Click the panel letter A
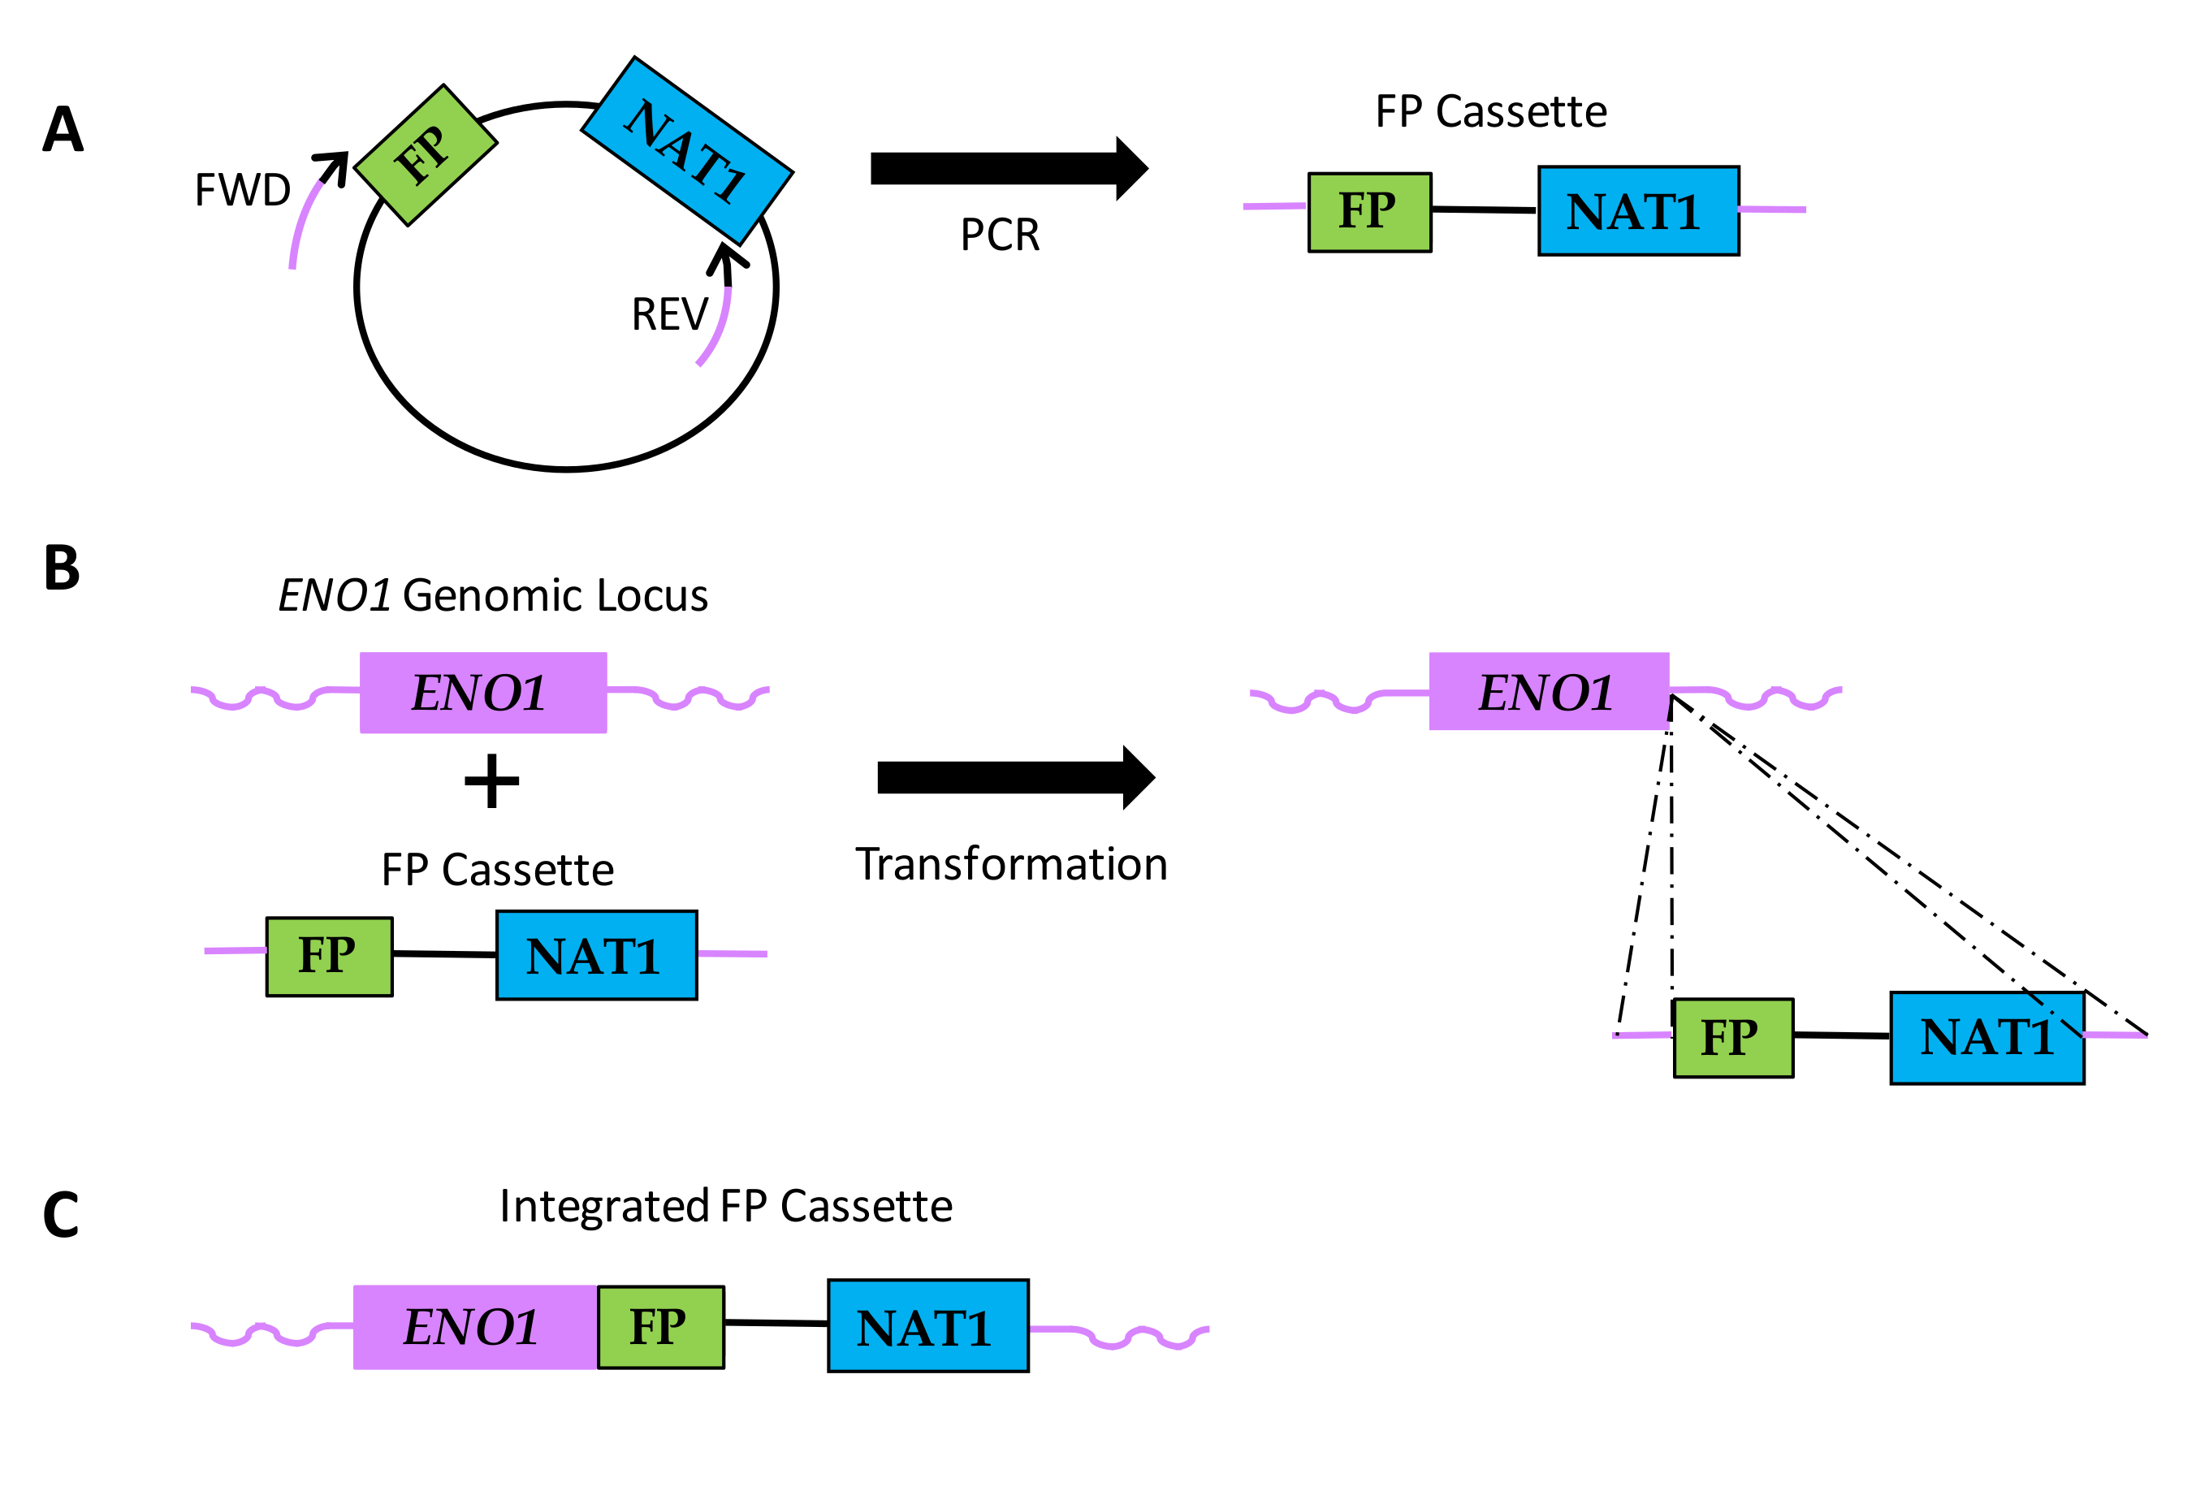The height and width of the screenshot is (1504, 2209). tap(63, 129)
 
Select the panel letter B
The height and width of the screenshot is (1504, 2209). tap(62, 568)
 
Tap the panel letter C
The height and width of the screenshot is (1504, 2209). tap(61, 1215)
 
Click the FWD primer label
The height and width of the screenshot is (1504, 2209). tap(242, 190)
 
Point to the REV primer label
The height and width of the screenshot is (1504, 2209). tap(669, 314)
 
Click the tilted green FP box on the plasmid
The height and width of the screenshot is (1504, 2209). tap(425, 155)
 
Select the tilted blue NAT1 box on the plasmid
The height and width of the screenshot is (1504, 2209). tap(686, 150)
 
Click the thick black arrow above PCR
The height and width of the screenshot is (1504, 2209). tap(1009, 169)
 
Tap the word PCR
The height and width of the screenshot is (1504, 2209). tap(1000, 235)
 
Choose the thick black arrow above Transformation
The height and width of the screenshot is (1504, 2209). tap(1015, 778)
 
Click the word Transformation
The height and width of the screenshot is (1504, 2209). tap(1011, 864)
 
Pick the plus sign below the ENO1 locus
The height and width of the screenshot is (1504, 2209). tap(491, 781)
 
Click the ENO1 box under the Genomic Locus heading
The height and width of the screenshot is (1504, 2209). tap(483, 692)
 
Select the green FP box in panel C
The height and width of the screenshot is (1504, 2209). tap(660, 1327)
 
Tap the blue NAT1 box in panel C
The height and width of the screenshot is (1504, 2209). tap(927, 1326)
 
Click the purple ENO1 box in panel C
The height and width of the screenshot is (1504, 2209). tap(474, 1327)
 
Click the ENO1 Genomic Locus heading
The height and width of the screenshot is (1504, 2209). tap(492, 596)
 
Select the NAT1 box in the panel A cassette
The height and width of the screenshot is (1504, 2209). tap(1638, 211)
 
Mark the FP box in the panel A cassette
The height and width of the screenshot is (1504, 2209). tap(1368, 212)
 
